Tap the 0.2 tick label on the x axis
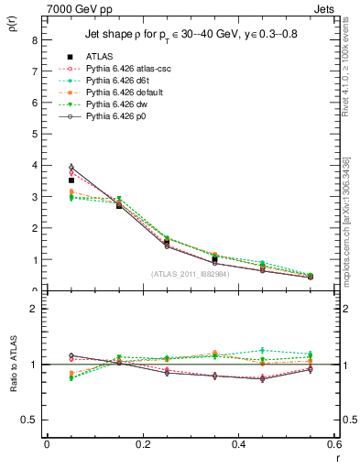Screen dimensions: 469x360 [x=142, y=443]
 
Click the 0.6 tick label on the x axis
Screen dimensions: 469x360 [x=333, y=443]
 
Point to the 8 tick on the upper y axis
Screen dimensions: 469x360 [x=34, y=39]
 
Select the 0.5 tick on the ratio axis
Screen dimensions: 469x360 [x=29, y=420]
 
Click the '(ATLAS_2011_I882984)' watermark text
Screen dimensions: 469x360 [x=190, y=274]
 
